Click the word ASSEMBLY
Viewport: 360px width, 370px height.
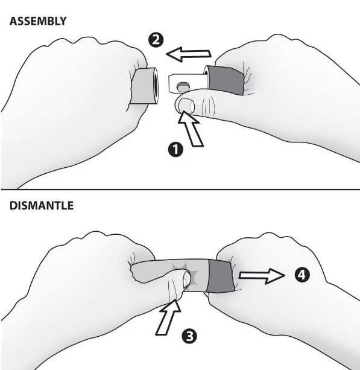coord(38,21)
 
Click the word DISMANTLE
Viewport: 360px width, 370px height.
coord(42,206)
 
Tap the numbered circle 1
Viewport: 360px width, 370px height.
coord(175,149)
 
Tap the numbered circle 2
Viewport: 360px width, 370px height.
coord(156,40)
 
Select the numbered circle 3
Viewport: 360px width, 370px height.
coord(189,336)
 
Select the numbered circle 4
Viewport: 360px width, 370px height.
coord(302,275)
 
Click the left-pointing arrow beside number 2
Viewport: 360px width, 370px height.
coord(189,54)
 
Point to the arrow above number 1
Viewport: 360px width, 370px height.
coord(190,129)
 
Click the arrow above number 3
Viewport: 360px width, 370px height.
coord(168,317)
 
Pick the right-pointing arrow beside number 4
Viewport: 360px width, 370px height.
coord(262,276)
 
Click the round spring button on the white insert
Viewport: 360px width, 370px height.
coord(183,87)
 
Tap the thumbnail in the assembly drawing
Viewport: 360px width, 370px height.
coord(186,106)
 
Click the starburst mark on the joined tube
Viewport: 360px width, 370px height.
coord(186,273)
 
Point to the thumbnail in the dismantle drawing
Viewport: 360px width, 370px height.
coord(187,279)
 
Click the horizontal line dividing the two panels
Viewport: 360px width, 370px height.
coord(180,190)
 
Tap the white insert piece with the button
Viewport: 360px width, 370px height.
coord(188,83)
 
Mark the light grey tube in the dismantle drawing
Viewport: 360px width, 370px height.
coord(169,272)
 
